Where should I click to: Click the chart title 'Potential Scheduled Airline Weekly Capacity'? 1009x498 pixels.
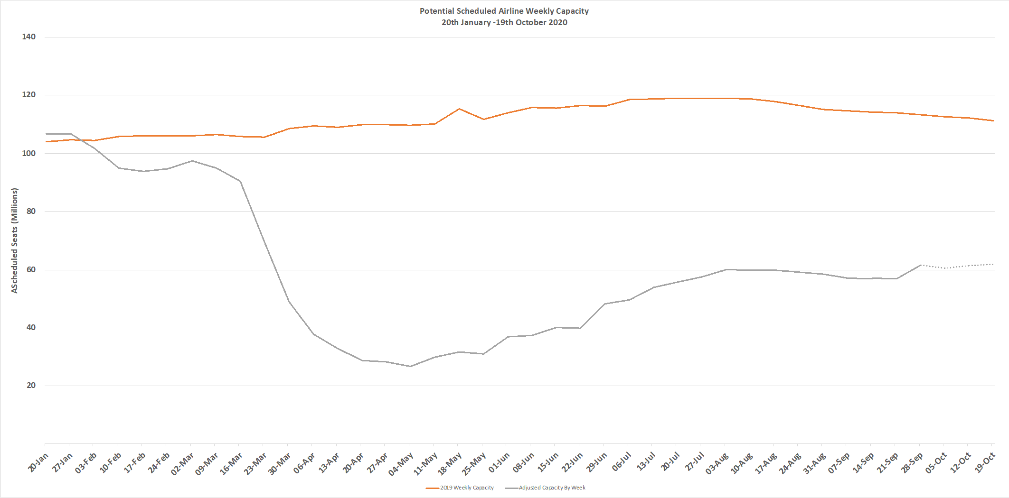504,11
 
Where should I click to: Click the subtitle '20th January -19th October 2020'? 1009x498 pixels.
504,22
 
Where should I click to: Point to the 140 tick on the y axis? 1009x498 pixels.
28,37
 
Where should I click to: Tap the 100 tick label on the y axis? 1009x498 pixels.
28,153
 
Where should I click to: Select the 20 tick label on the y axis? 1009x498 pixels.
31,386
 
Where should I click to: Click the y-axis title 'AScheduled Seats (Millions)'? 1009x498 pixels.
15,240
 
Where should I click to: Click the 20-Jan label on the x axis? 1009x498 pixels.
38,462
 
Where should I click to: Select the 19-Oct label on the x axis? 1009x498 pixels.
985,463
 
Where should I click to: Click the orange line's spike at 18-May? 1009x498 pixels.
459,109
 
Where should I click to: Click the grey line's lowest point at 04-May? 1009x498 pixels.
410,366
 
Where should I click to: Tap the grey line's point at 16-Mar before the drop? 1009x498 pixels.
240,181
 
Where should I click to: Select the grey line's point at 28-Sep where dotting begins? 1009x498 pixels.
921,265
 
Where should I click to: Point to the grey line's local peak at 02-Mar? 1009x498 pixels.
192,161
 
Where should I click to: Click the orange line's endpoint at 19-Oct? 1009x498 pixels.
993,120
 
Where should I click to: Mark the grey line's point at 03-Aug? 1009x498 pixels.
726,269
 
